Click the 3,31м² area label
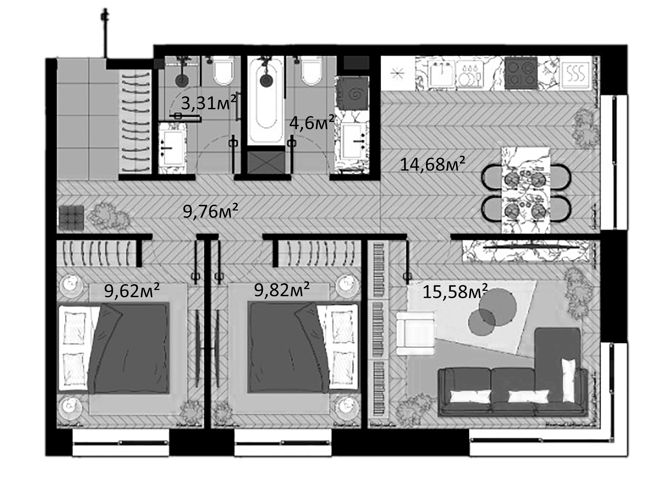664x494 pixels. tap(208, 103)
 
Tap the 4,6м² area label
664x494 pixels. tap(312, 123)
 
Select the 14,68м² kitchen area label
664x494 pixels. tap(433, 165)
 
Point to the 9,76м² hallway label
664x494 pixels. tap(211, 211)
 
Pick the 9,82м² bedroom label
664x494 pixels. tap(282, 290)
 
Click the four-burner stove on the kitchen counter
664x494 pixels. tap(521, 73)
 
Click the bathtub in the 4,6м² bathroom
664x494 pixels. tap(266, 101)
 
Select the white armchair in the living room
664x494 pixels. tap(415, 333)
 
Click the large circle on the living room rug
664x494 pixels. tap(498, 308)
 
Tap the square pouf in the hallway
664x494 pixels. tap(71, 217)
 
